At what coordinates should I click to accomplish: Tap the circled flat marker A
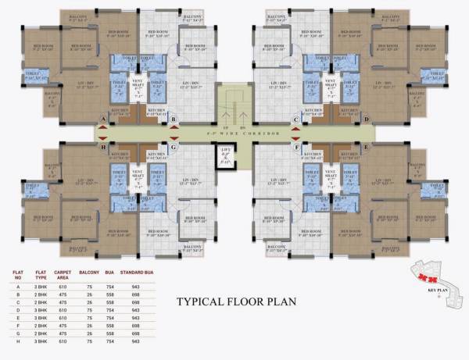click(x=103, y=119)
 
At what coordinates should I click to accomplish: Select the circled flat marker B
click(x=174, y=119)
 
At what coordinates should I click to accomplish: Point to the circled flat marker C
click(x=295, y=119)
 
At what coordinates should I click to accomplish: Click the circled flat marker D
click(x=366, y=119)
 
